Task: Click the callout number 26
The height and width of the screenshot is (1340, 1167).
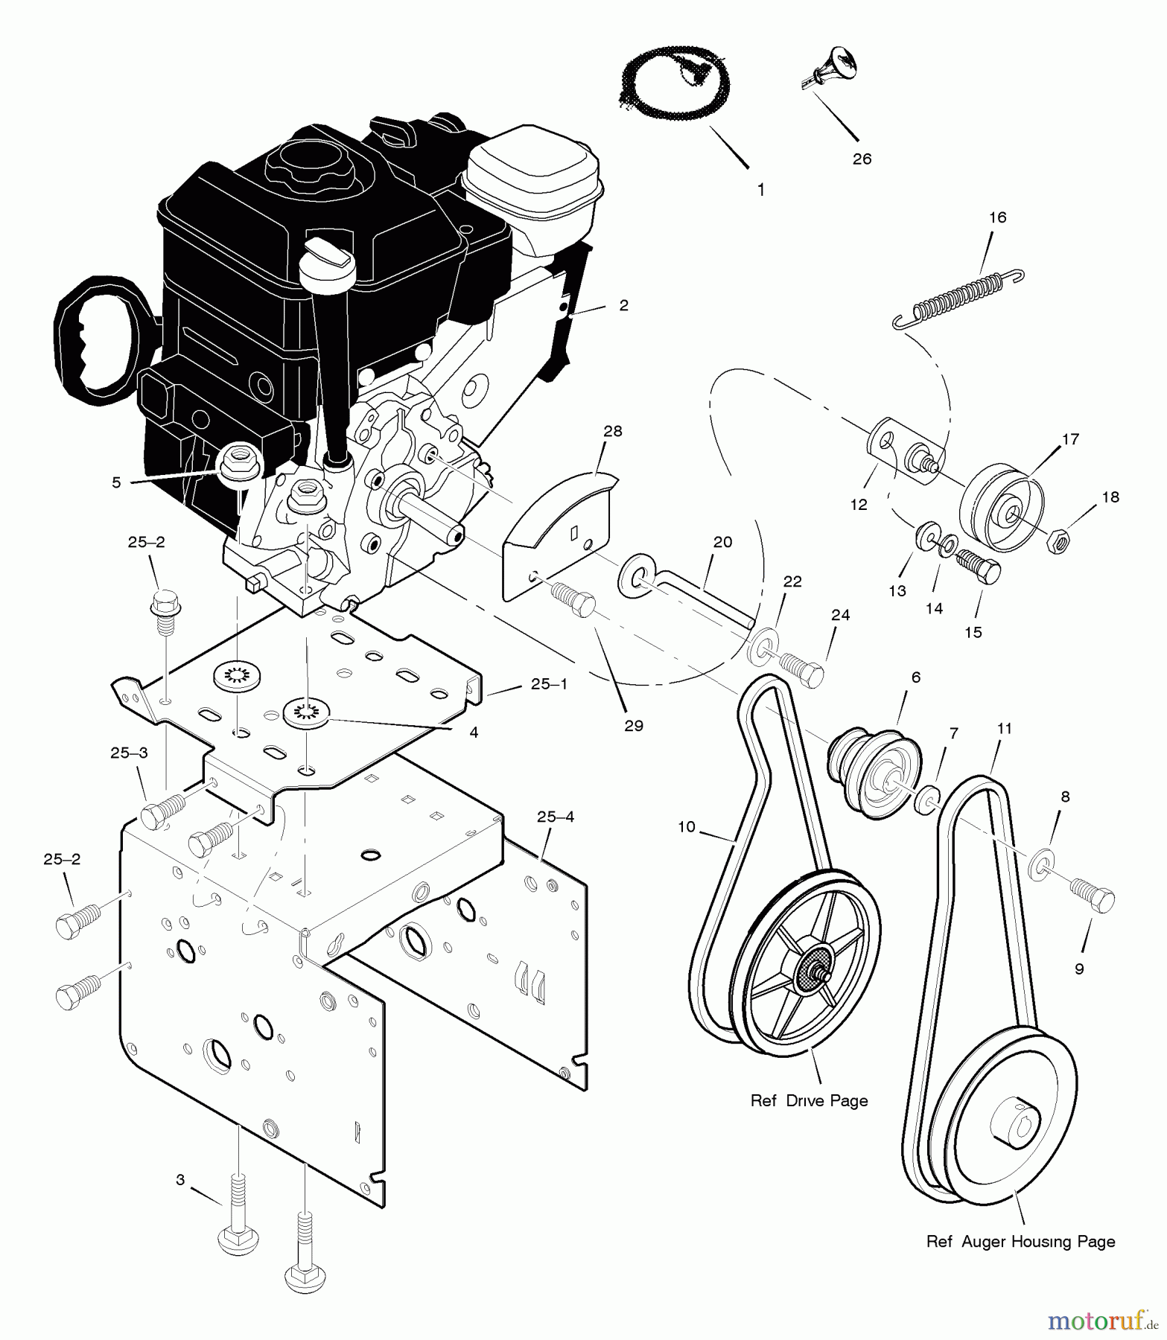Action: (862, 159)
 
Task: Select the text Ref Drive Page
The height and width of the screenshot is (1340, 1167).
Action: (809, 1100)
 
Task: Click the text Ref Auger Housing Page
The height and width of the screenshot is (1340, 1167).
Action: (1020, 1242)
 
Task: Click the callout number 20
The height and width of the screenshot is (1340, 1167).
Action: (722, 542)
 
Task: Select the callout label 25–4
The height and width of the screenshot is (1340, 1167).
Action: (555, 817)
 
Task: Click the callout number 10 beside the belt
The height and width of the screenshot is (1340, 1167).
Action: (686, 827)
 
